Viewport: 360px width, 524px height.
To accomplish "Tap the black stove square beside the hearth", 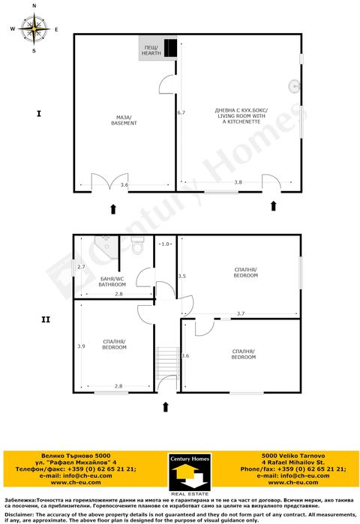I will [x=172, y=47].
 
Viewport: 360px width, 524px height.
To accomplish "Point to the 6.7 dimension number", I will [x=181, y=112].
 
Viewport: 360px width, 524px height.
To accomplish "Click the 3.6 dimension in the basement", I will [x=124, y=184].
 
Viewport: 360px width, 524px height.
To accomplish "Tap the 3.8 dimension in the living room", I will [x=238, y=182].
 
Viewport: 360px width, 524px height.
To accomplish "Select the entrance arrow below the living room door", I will [x=273, y=205].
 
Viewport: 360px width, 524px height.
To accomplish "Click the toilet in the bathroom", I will [x=136, y=244].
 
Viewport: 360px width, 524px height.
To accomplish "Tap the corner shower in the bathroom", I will [x=105, y=246].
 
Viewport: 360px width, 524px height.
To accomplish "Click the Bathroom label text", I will [x=112, y=281].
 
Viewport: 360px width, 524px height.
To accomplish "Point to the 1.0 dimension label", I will [x=166, y=244].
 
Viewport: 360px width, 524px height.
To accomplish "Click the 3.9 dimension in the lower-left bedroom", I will [x=81, y=346].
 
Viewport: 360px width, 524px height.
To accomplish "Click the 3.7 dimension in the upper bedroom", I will [x=240, y=313].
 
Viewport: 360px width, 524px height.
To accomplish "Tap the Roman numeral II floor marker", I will [x=45, y=319].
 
